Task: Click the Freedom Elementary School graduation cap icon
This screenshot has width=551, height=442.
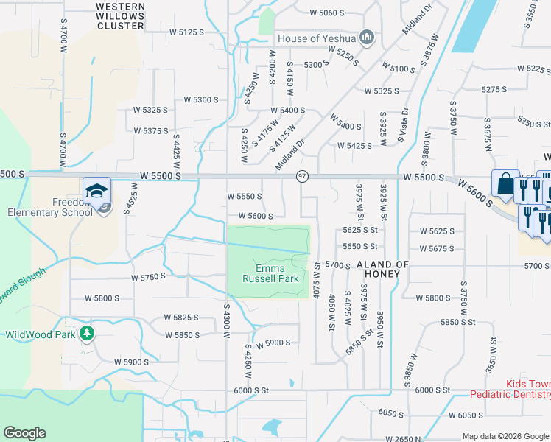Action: point(96,190)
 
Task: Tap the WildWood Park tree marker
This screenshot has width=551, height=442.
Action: point(88,334)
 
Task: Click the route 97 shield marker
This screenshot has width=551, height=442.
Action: point(302,177)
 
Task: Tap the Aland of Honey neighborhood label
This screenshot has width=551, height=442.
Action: point(382,269)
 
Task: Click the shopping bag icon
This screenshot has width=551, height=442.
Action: point(506,183)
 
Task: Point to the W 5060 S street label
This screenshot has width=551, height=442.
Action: point(328,13)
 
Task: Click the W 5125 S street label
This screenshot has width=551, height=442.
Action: point(186,32)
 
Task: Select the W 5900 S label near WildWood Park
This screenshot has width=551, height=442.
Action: point(132,362)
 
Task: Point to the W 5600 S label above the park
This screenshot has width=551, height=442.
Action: point(256,216)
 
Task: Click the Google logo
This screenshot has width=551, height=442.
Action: point(24,433)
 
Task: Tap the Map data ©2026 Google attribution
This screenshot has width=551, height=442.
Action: point(505,437)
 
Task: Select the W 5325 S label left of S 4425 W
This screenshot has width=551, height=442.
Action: point(150,110)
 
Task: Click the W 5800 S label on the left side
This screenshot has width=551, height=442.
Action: point(102,298)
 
